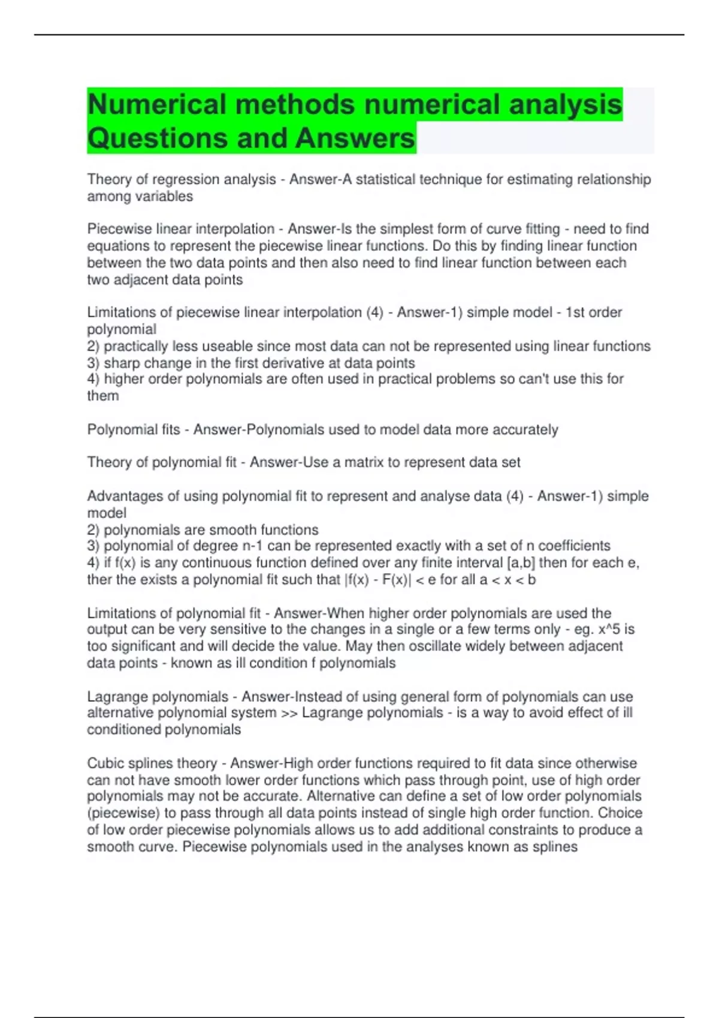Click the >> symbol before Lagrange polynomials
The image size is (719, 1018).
289,713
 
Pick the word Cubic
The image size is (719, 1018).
104,763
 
